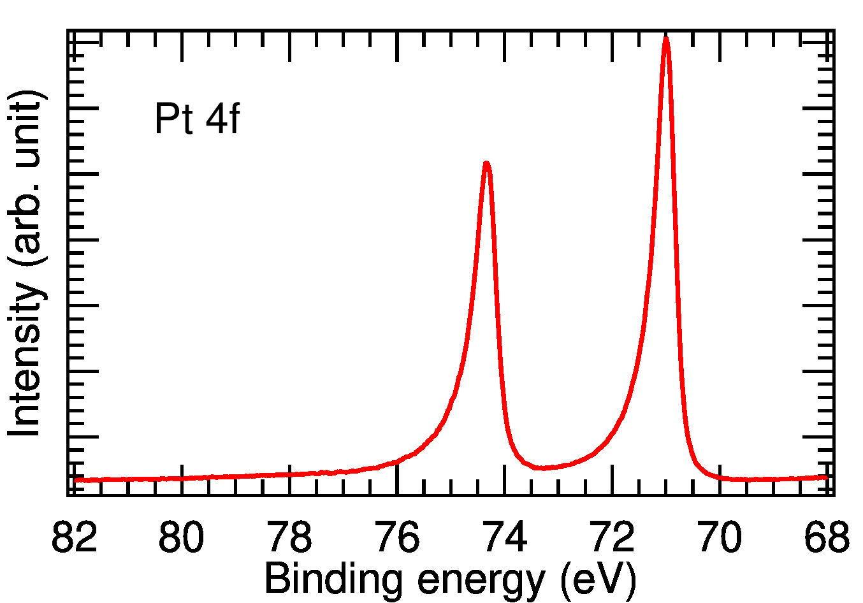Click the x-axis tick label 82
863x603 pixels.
coord(74,537)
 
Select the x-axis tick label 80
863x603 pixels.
coord(182,537)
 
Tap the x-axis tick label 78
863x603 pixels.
coord(289,537)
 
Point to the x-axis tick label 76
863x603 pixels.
coord(397,537)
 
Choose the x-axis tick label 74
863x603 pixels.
coord(505,537)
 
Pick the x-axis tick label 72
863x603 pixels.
coord(613,537)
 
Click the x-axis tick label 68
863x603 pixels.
coord(827,537)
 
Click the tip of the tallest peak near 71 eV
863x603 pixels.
coord(666,38)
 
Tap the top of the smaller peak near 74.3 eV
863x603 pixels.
coord(486,163)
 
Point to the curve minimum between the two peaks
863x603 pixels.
coord(542,468)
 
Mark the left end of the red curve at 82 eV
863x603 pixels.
coord(75,480)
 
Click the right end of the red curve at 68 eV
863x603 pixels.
coord(826,477)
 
